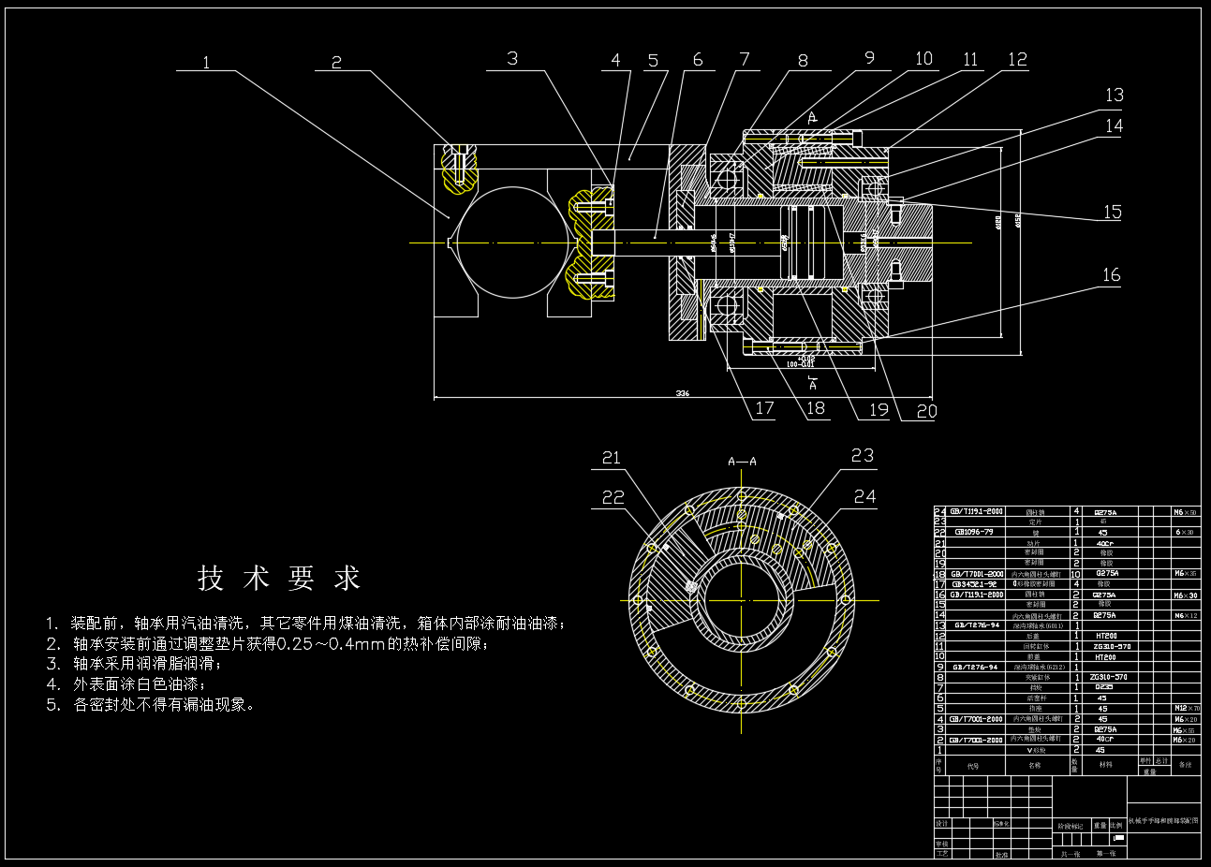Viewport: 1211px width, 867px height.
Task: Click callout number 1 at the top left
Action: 206,62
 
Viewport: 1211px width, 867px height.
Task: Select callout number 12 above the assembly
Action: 1017,60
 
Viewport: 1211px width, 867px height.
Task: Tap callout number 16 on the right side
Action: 1111,274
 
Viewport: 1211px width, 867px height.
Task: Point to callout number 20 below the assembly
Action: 925,410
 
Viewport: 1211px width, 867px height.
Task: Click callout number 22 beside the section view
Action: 613,497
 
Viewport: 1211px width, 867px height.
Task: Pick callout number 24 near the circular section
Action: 864,496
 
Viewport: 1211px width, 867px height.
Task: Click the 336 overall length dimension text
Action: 683,394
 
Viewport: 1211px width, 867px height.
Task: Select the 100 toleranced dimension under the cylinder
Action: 801,363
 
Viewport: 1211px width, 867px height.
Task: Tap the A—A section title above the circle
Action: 742,462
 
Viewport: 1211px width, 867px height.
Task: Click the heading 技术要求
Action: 279,579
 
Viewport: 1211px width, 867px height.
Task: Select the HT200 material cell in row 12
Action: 1105,636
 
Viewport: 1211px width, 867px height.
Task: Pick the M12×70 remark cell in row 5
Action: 1186,709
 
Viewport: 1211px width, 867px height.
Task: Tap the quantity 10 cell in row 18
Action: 1076,574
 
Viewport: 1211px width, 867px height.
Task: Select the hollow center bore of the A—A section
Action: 742,597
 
